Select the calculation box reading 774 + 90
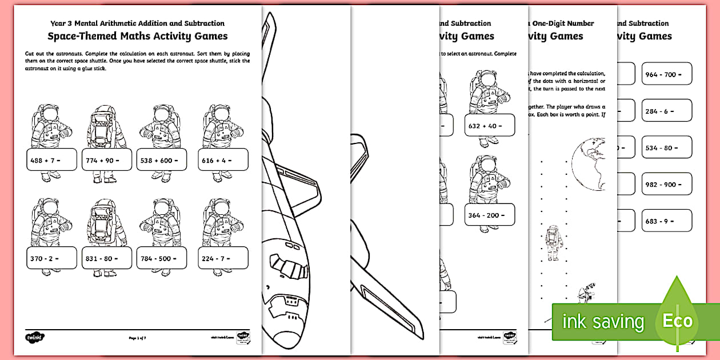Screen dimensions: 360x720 pyautogui.click(x=106, y=160)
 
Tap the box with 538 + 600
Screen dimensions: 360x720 pyautogui.click(x=162, y=160)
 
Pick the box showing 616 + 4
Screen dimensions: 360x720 pyautogui.click(x=223, y=160)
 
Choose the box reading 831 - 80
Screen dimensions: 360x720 pyautogui.click(x=106, y=258)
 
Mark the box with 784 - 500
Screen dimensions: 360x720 pyautogui.click(x=162, y=258)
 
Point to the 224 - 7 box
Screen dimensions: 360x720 pyautogui.click(x=223, y=258)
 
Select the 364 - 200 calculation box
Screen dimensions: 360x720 pyautogui.click(x=489, y=214)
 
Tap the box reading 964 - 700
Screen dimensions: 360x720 pyautogui.click(x=666, y=74)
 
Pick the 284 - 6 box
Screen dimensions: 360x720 pyautogui.click(x=666, y=110)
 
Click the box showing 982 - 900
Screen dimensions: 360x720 pyautogui.click(x=666, y=184)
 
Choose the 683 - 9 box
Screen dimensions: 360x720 pyautogui.click(x=666, y=221)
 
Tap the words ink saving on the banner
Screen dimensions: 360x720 pyautogui.click(x=602, y=322)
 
